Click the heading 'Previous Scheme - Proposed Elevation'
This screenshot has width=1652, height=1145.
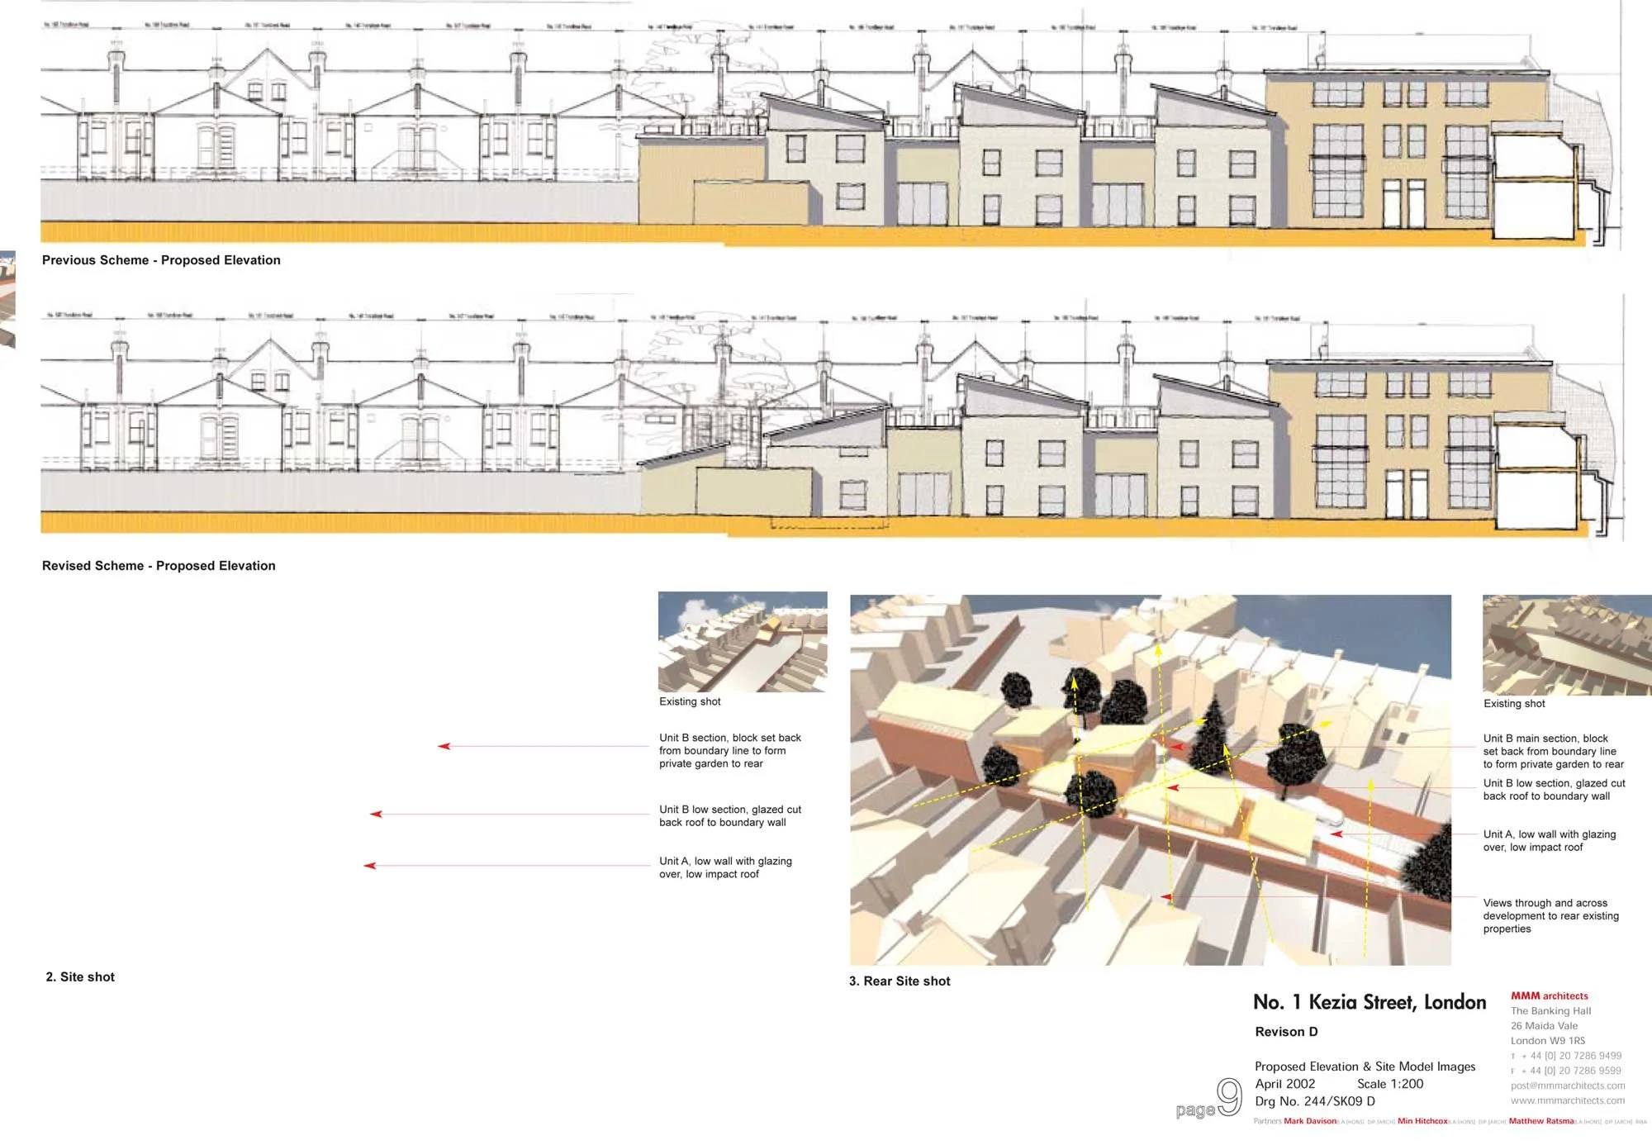161,260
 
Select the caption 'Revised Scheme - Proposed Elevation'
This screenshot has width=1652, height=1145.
159,566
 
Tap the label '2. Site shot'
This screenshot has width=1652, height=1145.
80,977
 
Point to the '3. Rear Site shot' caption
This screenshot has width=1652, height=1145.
900,981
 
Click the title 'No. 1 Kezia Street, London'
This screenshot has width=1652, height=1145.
1369,1003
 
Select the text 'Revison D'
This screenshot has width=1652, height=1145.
1286,1032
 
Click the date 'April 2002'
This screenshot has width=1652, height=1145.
1284,1084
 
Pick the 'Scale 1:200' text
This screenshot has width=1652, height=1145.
1390,1084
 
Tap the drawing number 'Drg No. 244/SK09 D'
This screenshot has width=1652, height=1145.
1314,1101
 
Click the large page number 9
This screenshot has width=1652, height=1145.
1229,1097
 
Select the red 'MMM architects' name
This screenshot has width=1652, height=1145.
1549,996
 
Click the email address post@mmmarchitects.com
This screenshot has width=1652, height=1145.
1567,1086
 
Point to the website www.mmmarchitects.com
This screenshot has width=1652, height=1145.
1567,1100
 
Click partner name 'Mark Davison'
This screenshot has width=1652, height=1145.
1309,1121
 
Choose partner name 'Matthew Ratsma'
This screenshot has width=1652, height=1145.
1540,1121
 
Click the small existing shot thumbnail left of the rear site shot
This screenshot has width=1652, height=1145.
742,642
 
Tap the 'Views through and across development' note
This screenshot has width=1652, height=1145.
1550,915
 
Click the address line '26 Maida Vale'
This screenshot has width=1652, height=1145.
1544,1026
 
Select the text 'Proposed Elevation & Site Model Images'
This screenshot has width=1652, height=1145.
1365,1067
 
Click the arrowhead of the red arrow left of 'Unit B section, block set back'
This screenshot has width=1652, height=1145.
443,746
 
